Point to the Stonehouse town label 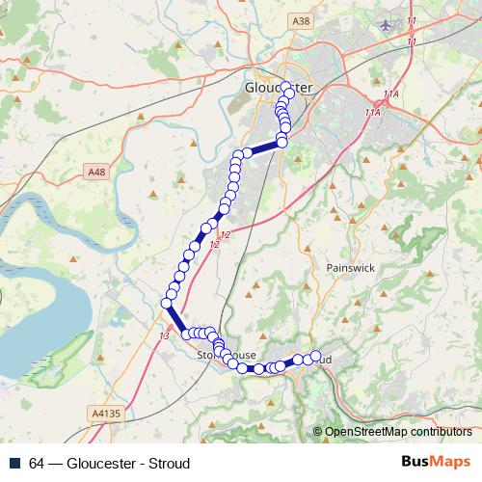[x=227, y=355]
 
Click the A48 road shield [x=95, y=172]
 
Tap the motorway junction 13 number [x=162, y=335]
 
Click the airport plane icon [x=388, y=23]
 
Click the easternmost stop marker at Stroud [x=314, y=356]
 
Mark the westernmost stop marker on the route [x=166, y=305]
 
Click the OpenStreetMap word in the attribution [x=365, y=432]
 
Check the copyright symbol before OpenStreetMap [x=318, y=432]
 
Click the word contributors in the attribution [x=440, y=432]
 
